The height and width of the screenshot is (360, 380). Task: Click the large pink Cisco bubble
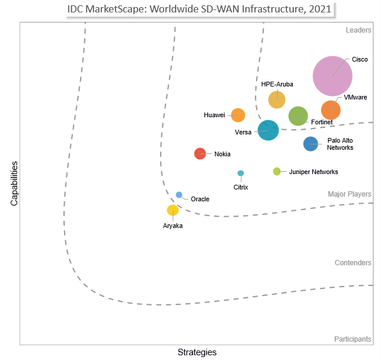[x=333, y=76]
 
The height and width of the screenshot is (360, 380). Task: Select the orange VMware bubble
[x=331, y=110]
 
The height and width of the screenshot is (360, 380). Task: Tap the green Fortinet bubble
[x=298, y=117]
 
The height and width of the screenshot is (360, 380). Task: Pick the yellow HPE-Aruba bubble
[x=277, y=99]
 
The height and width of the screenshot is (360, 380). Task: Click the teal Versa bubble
[x=269, y=130]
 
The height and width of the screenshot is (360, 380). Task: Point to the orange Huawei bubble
[x=238, y=115]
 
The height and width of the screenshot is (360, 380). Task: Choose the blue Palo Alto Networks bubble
[x=311, y=144]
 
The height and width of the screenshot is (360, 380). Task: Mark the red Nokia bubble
[x=200, y=153]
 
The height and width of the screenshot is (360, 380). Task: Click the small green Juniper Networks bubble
[x=277, y=172]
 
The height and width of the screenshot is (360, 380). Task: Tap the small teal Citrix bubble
[x=241, y=173]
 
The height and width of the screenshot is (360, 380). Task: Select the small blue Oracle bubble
[x=179, y=195]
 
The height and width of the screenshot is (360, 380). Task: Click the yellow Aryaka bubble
[x=173, y=210]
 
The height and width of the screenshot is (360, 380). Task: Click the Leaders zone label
[x=358, y=30]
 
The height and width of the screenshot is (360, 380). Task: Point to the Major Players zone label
[x=350, y=194]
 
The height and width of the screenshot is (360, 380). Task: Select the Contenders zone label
[x=353, y=263]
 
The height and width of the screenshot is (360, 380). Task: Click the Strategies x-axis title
[x=197, y=352]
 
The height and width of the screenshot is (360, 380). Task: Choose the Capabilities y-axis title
[x=14, y=184]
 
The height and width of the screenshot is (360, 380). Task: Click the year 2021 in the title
[x=318, y=10]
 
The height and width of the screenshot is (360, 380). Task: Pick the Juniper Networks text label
[x=314, y=172]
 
